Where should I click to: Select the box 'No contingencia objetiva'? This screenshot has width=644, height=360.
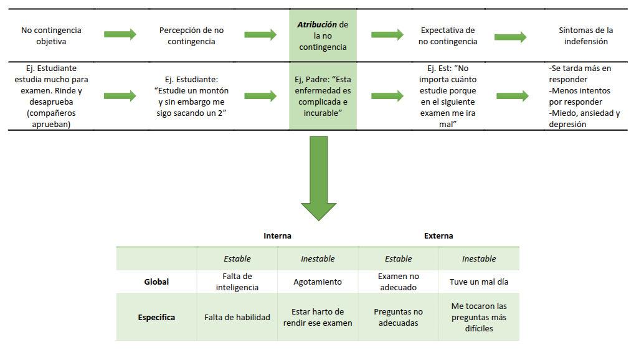(x=51, y=36)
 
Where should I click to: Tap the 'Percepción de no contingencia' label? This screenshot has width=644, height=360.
(x=191, y=36)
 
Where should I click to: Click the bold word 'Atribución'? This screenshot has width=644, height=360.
(x=317, y=24)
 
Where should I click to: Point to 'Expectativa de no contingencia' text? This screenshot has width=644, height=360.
(x=447, y=36)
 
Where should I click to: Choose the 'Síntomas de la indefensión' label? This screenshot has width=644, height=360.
(x=585, y=36)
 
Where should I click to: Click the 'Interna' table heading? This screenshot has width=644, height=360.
(x=277, y=236)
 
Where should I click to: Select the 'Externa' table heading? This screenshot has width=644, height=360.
(x=438, y=236)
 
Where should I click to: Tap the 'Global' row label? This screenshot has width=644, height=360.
(x=156, y=282)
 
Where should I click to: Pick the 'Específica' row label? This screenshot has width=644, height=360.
(x=156, y=317)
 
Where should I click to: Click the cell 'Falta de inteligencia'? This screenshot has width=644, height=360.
(x=237, y=282)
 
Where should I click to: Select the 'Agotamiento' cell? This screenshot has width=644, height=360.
(x=318, y=282)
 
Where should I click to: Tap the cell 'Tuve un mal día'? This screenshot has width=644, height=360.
(x=478, y=282)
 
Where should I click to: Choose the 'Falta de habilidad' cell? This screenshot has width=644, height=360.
(x=237, y=317)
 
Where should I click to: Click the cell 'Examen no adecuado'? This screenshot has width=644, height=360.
(x=398, y=282)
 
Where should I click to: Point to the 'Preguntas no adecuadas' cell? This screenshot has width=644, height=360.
(x=398, y=317)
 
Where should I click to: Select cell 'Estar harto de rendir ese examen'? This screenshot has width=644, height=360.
(x=318, y=317)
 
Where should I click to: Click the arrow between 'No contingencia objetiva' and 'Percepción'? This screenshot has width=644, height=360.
(x=120, y=35)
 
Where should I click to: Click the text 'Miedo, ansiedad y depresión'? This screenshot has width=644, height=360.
(x=584, y=118)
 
